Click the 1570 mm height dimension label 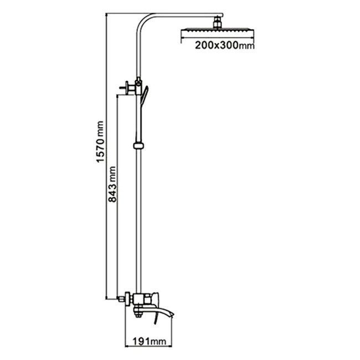(x=100, y=142)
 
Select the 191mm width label (x=150, y=342)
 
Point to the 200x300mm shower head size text (x=224, y=46)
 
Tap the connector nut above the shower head (x=217, y=23)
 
